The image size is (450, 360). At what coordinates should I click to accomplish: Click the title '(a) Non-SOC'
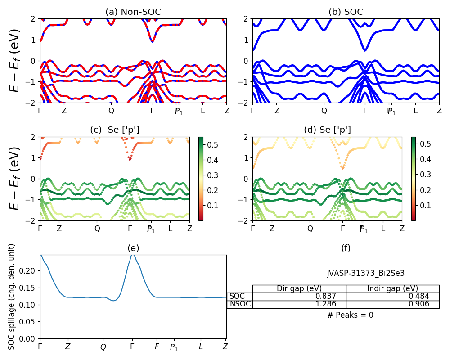point(133,12)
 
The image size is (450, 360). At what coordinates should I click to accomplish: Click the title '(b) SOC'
point(346,12)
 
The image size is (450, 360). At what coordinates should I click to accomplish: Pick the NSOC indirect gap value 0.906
point(417,304)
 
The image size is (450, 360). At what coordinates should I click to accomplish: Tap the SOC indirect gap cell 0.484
point(417,296)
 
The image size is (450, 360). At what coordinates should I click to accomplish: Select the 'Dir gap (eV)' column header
point(299,288)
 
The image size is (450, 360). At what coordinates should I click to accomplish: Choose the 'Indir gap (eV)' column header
point(392,288)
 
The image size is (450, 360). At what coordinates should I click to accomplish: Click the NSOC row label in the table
point(240,304)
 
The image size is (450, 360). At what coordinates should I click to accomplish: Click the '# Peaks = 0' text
point(350,315)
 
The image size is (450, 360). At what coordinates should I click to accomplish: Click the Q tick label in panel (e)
point(103,347)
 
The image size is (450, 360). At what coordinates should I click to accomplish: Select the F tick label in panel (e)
point(157,347)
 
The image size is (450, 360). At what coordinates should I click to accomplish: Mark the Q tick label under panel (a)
point(112,110)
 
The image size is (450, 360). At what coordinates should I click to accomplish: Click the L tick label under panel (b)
point(415,110)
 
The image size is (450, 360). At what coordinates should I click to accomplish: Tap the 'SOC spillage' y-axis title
point(12,297)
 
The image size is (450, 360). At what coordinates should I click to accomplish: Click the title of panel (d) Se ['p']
point(327,130)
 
